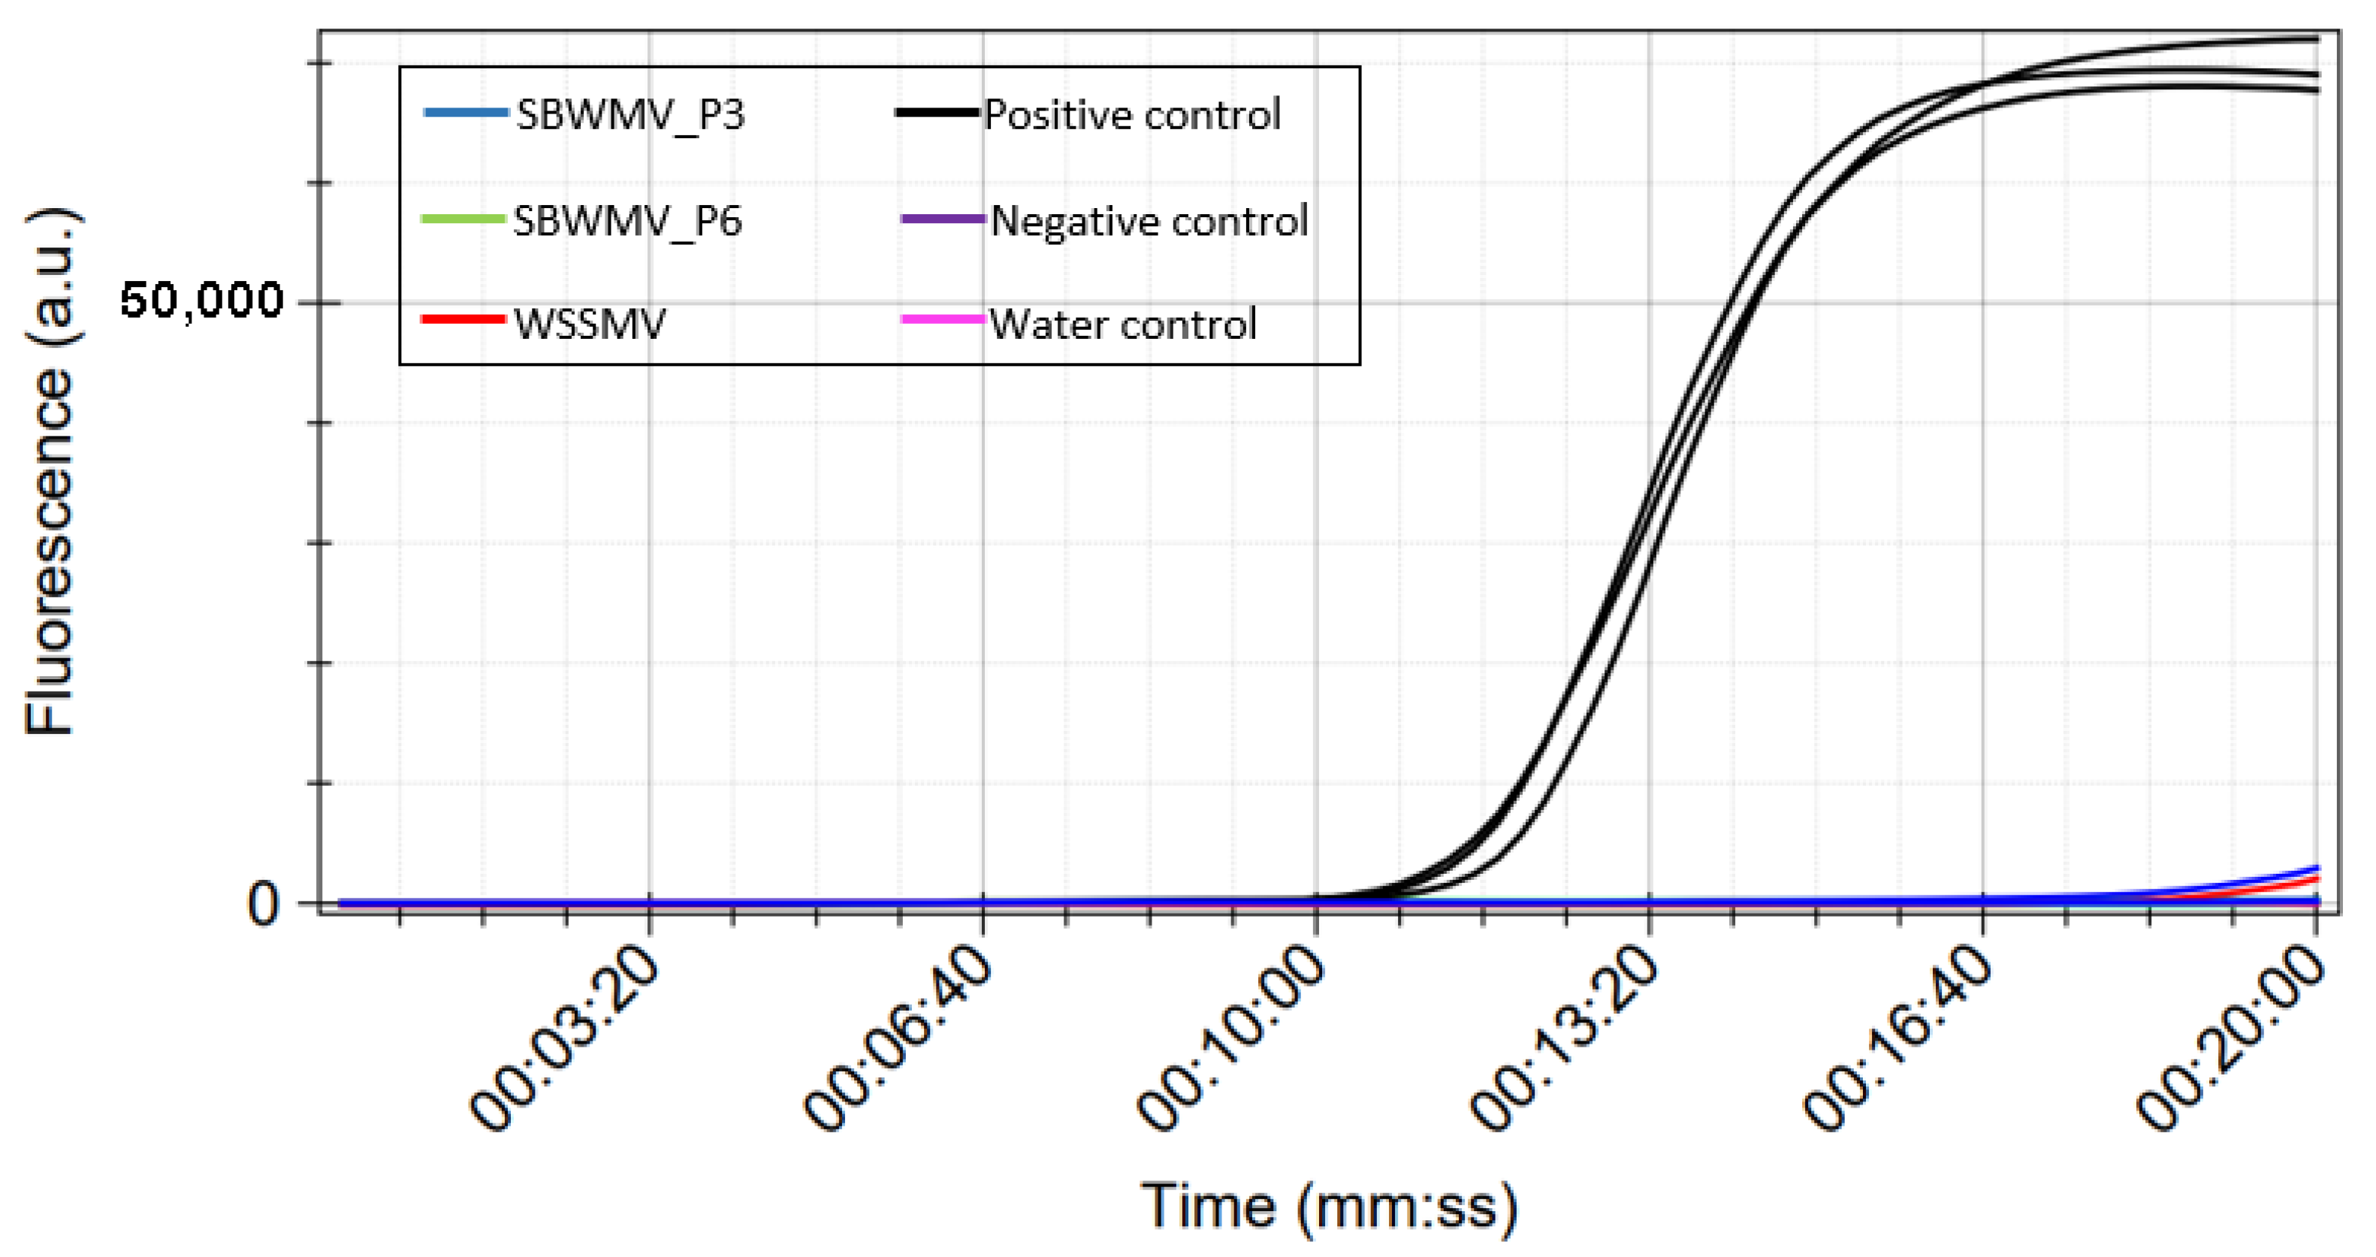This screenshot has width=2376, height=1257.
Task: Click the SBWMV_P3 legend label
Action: pos(630,115)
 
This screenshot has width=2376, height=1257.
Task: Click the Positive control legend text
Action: pos(1133,115)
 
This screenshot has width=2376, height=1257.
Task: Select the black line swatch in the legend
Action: pos(936,113)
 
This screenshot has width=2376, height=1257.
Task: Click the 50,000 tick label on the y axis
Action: pos(201,301)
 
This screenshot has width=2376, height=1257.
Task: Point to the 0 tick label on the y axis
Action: pos(262,905)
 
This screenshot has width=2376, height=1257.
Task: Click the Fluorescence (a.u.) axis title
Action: pos(51,472)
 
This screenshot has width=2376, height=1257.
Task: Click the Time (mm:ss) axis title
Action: pos(1328,1206)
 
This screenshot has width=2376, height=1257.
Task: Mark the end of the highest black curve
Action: pos(2317,39)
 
